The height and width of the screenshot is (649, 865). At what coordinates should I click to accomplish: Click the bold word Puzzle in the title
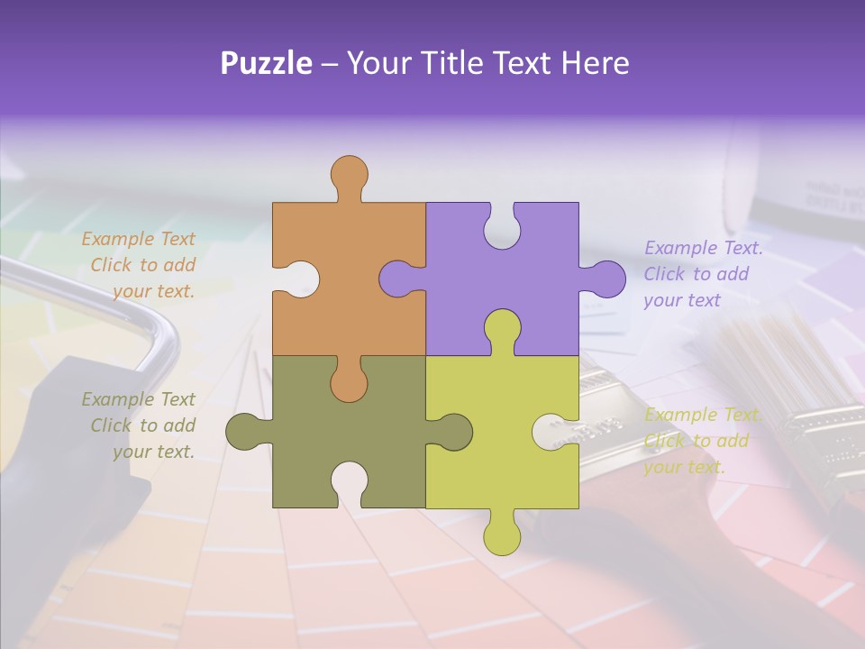267,62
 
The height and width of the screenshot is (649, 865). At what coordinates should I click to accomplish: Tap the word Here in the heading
594,62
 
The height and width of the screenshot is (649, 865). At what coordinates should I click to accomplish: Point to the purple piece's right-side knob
606,279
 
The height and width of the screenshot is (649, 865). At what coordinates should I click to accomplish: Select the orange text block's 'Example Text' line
138,239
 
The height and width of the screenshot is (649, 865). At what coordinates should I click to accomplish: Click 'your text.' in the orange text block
153,291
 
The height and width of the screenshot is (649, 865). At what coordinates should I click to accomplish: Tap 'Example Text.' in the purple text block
704,248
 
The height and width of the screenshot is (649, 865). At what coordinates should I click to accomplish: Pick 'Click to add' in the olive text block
142,425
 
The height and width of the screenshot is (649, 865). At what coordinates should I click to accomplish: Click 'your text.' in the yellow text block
684,467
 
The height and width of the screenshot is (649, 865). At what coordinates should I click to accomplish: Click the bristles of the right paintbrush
775,361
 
